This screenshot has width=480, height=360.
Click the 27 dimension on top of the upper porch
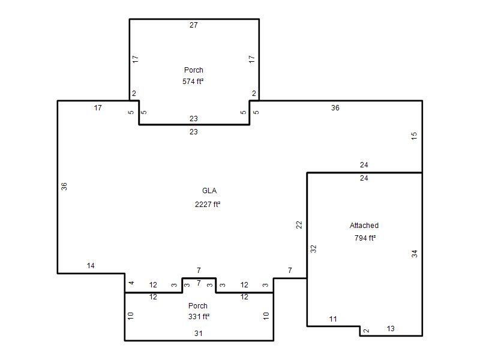pos(193,25)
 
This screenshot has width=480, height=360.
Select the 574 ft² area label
pos(193,82)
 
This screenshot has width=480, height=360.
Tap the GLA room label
pos(209,191)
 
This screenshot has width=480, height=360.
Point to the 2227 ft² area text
pos(208,204)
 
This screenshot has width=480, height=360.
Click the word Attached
pos(364,226)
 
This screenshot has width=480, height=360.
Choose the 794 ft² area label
pos(365,238)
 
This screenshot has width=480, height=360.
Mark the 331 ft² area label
pos(199,317)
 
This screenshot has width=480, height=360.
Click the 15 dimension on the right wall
pos(414,136)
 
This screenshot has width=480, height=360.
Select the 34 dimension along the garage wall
pos(415,254)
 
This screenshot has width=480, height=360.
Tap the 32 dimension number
pos(313,249)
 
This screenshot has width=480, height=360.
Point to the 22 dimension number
pos(299,225)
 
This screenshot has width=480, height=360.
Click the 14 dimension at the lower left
pos(91,266)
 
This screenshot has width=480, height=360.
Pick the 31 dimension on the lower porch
pos(199,334)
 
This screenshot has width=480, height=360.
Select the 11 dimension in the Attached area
pos(333,319)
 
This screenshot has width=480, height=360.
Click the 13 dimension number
pos(391,329)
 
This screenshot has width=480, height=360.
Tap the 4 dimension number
pos(131,283)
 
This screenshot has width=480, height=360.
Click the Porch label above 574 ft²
pos(193,70)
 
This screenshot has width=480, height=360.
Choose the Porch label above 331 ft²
pos(198,306)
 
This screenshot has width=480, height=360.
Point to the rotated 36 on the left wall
pos(64,187)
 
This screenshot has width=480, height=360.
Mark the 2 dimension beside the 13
pos(367,331)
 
